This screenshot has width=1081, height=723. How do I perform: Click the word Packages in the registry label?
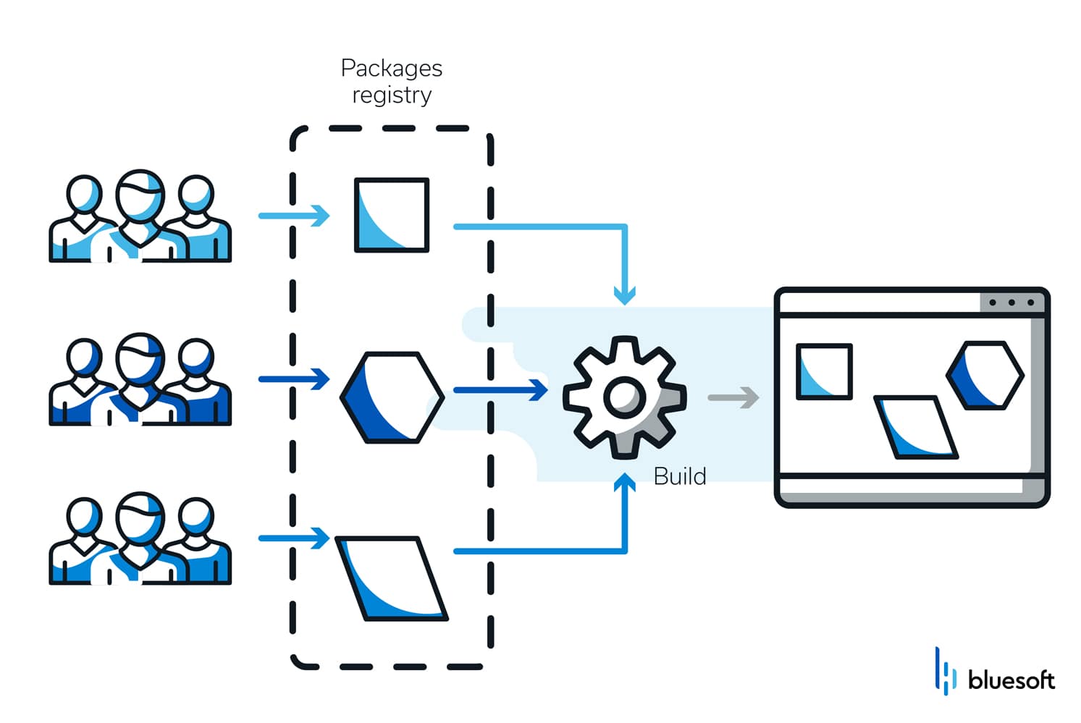tap(391, 68)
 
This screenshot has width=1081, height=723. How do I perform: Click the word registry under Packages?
tap(391, 95)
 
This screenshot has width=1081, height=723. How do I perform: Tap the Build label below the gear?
tap(679, 476)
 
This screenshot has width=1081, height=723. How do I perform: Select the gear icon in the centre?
tap(624, 397)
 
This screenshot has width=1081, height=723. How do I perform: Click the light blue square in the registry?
tap(391, 215)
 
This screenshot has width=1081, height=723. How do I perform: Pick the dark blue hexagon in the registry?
tap(392, 397)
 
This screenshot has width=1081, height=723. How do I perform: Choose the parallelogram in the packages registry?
tap(392, 578)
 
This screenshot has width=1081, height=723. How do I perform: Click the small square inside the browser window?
tap(823, 372)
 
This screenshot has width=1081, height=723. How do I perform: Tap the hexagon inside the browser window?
tap(985, 375)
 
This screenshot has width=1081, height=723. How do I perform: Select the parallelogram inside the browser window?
tap(916, 427)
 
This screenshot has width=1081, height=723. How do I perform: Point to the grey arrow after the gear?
tap(733, 397)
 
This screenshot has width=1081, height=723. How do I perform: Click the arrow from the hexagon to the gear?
tap(500, 389)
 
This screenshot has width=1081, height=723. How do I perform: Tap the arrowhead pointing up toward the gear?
tap(624, 483)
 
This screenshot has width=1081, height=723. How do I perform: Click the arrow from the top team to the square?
tap(294, 215)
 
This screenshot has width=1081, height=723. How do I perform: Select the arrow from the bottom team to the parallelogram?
tap(294, 538)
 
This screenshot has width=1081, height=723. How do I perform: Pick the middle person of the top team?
tap(140, 213)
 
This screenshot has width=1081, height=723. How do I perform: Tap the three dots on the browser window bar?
tap(1011, 303)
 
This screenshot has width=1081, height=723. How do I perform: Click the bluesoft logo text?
tap(1011, 680)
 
